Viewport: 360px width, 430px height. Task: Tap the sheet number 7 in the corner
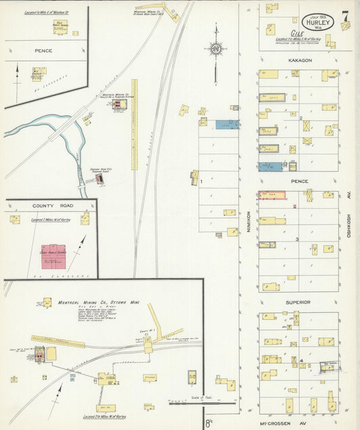point(345,16)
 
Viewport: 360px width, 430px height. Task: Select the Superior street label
point(297,302)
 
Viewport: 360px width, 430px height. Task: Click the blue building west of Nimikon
point(228,124)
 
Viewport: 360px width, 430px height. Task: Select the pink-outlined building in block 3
point(272,195)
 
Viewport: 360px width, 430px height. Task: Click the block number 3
point(297,239)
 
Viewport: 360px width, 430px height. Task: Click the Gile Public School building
point(59,26)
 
